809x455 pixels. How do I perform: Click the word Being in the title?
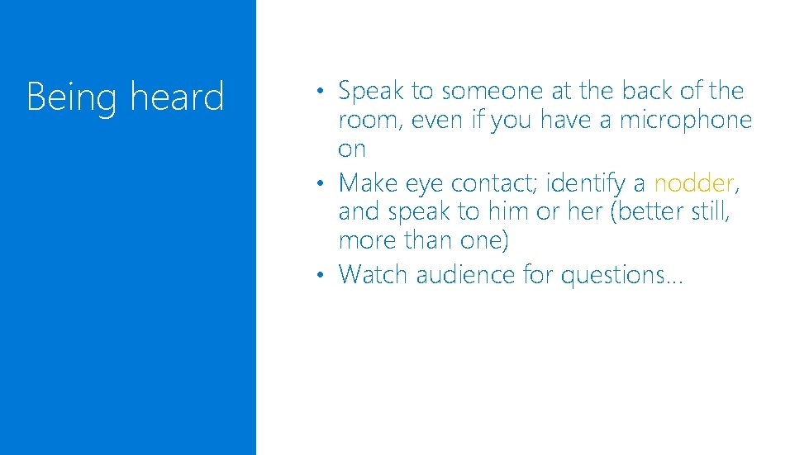[x=72, y=97]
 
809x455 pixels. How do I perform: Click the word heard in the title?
[x=177, y=97]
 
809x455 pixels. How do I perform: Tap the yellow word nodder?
[x=693, y=182]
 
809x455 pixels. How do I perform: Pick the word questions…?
[x=621, y=274]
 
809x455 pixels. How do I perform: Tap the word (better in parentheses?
[x=636, y=211]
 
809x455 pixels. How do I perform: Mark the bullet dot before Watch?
[x=326, y=273]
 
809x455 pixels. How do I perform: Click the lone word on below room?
[x=351, y=150]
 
